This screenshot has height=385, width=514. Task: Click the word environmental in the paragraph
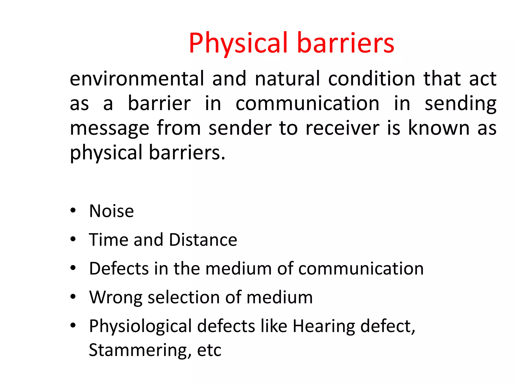point(137,79)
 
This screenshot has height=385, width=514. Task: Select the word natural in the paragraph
point(287,79)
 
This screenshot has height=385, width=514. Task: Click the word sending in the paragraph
point(460,104)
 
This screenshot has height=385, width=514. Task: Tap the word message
point(109,129)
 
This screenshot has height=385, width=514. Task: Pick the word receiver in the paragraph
point(342,128)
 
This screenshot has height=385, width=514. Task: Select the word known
point(439,128)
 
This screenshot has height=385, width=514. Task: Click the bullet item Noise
point(111,211)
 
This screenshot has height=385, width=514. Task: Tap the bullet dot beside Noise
point(73,211)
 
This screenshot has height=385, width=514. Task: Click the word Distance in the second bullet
point(203,240)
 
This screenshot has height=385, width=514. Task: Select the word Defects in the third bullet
point(119,269)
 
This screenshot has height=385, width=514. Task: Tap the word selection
point(184,298)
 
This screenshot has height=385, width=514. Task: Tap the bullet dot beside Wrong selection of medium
point(73,297)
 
